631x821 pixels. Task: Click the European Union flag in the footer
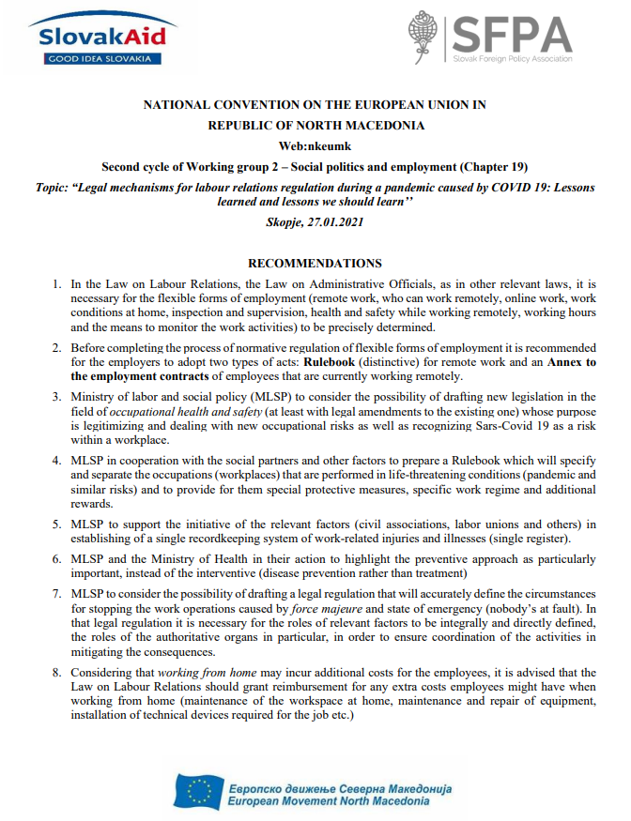(200, 791)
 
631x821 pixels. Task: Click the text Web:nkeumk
(315, 145)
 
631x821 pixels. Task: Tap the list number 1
(57, 283)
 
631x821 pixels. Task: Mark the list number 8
(57, 673)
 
